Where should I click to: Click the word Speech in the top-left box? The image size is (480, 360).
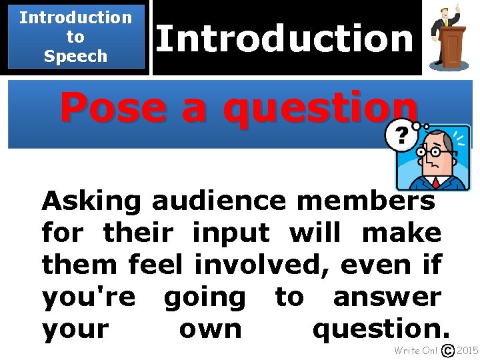75,56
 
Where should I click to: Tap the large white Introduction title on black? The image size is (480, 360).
285,38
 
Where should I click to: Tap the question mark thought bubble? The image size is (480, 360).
402,136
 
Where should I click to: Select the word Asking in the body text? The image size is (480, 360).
91,201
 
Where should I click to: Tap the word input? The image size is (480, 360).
231,233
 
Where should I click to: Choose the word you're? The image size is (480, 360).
88,297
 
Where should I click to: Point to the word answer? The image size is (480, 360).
387,297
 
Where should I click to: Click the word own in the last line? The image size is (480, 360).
211,329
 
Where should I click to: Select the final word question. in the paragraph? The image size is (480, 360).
381,329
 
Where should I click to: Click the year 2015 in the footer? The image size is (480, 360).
467,351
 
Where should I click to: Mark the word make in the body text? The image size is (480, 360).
401,233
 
